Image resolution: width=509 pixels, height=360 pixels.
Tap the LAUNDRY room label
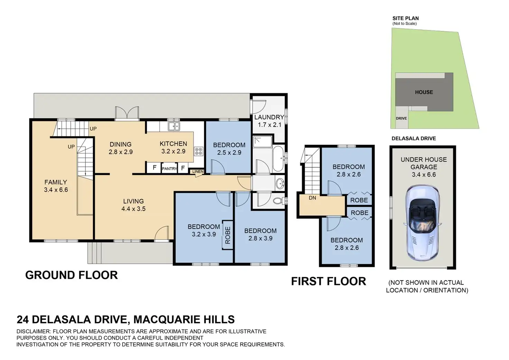pos(269,117)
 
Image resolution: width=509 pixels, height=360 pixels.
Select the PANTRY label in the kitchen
pos(169,169)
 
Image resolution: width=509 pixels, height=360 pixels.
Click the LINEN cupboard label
pos(198,172)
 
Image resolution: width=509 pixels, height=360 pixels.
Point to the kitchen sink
pos(174,126)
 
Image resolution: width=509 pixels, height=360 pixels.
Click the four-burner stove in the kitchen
pos(198,151)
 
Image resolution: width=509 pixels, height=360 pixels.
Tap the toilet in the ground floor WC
pos(278,201)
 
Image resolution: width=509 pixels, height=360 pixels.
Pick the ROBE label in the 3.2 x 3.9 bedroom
pos(228,235)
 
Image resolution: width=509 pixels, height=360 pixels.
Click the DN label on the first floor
pos(313,198)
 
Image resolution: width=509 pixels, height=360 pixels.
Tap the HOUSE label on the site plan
pos(424,92)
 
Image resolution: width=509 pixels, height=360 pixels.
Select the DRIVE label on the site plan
pos(401,118)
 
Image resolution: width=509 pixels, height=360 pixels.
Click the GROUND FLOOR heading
pos(72,275)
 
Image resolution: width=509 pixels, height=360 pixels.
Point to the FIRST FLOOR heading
pos(328,281)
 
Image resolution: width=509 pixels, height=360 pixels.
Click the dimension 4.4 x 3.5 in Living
pos(133,209)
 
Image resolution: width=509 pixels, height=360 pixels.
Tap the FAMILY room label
pos(56,182)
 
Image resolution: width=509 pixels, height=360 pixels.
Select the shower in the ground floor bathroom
pos(263,142)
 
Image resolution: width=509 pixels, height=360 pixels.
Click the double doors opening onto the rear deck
pos(127,113)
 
